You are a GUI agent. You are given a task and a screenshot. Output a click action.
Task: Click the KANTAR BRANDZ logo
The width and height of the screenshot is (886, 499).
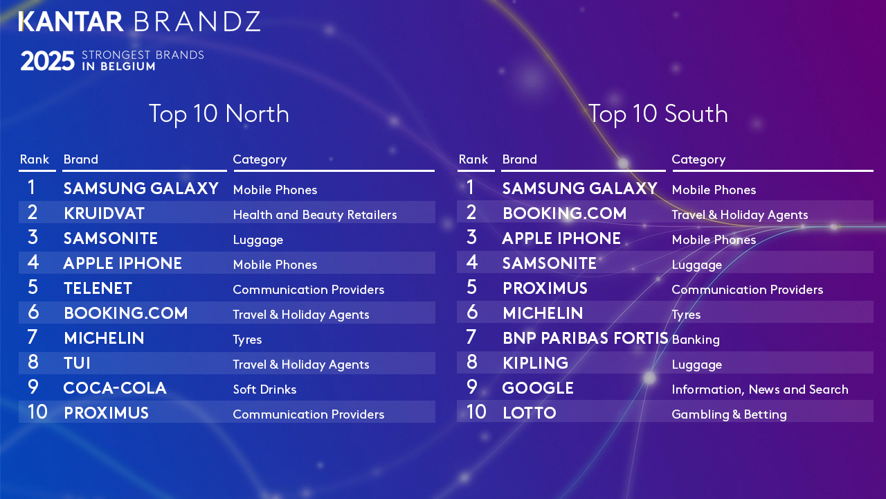tap(139, 21)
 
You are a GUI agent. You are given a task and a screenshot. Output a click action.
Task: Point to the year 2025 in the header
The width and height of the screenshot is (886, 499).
tap(47, 62)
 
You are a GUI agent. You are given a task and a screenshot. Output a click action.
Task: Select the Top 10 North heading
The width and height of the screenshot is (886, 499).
tap(219, 114)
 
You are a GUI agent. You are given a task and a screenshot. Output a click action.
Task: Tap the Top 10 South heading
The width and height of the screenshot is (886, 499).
tap(658, 114)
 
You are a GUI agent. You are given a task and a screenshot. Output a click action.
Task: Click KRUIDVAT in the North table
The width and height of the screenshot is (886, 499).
tap(104, 213)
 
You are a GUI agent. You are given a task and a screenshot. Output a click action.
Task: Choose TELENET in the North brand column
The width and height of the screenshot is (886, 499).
tap(98, 288)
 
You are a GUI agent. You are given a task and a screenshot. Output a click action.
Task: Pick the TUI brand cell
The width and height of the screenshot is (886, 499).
tap(77, 363)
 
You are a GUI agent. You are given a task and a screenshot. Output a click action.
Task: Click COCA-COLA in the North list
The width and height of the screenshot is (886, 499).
tap(115, 388)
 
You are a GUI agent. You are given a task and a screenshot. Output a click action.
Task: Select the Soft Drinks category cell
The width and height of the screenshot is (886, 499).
tap(264, 389)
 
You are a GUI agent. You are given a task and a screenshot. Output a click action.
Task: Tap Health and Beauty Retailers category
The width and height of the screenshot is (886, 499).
tap(315, 215)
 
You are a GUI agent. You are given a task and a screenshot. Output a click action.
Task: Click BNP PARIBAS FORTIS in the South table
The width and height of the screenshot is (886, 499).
tap(585, 338)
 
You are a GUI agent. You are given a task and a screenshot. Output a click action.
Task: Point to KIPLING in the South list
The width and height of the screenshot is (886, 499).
tap(535, 363)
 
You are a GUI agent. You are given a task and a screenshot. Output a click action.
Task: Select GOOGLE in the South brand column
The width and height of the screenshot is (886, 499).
tap(538, 388)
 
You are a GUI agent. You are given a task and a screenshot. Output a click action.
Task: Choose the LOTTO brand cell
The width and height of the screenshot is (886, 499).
tap(529, 413)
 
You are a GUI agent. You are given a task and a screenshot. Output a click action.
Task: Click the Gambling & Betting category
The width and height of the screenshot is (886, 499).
tap(729, 414)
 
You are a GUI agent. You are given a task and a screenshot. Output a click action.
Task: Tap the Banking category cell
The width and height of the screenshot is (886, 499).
tap(696, 340)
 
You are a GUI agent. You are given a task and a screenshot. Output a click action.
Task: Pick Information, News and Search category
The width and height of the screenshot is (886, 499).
tap(759, 389)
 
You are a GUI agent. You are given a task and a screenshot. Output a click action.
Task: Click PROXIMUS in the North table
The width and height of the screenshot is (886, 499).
tap(106, 413)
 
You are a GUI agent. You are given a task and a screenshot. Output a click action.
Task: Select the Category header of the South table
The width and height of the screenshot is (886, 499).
tap(698, 159)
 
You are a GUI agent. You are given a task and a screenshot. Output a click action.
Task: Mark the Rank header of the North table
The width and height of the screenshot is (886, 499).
tap(35, 159)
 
